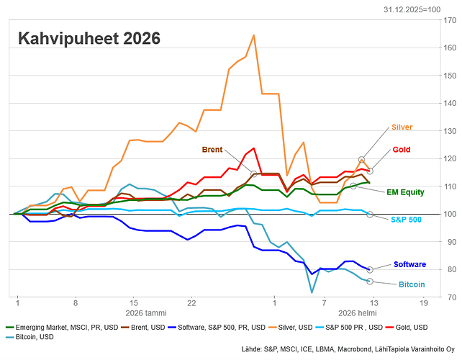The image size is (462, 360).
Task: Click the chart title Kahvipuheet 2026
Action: (89, 38)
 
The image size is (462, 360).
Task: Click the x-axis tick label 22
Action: (191, 303)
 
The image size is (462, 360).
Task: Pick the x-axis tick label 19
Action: (424, 303)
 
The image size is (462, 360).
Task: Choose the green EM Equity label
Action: (406, 192)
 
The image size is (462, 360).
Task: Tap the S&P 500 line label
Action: (406, 219)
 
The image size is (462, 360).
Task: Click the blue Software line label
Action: (409, 265)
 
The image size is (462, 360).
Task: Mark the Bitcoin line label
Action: (411, 285)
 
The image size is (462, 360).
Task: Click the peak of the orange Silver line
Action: (253, 35)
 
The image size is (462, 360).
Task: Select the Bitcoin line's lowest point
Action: (312, 292)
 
